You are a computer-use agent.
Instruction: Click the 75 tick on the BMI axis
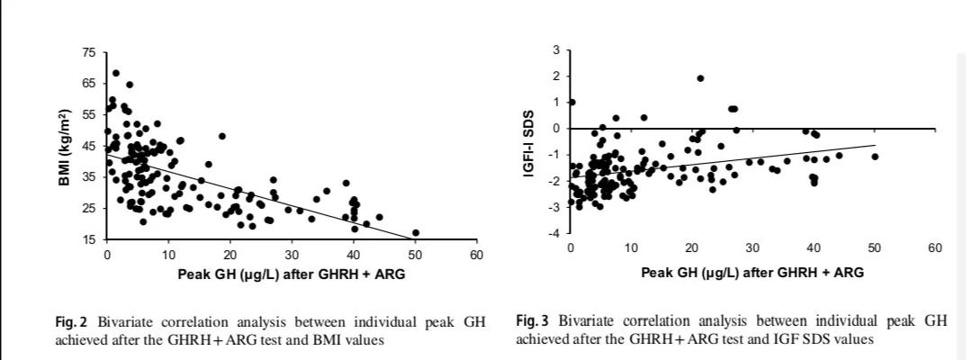click(87, 53)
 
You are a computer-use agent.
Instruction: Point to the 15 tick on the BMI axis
click(87, 240)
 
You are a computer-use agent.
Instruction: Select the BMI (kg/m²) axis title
click(63, 147)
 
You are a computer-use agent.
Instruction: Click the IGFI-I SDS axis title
click(530, 143)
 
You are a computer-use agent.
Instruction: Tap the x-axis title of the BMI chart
click(292, 273)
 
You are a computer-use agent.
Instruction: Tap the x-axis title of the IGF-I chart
click(752, 272)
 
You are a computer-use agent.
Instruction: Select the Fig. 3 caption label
click(532, 321)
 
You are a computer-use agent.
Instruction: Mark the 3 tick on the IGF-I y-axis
click(556, 49)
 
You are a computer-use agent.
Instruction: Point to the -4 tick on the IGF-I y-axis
click(554, 234)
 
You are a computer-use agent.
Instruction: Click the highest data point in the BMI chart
click(115, 74)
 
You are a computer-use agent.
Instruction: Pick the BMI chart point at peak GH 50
click(415, 233)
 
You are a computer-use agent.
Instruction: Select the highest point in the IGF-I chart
click(700, 78)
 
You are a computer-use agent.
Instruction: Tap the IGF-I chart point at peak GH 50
click(874, 157)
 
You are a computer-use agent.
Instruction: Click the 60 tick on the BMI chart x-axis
click(476, 256)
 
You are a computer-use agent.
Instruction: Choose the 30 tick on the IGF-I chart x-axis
click(752, 247)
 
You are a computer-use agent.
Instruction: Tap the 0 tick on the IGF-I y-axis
click(556, 129)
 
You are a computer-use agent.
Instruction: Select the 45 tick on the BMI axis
click(87, 147)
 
